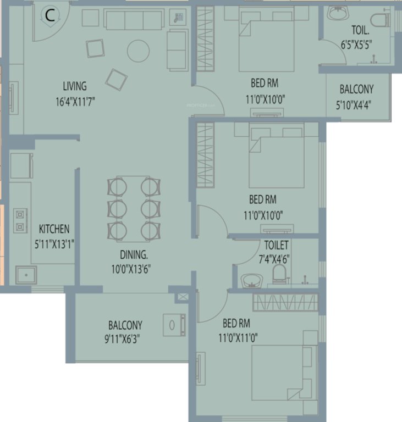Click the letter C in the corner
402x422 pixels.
click(x=49, y=16)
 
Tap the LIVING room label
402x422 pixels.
click(x=75, y=86)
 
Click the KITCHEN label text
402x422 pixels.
click(x=54, y=229)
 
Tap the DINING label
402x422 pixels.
click(x=134, y=254)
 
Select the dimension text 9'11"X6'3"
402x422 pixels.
click(x=125, y=339)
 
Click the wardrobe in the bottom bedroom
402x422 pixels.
click(x=285, y=302)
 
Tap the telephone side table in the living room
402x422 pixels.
click(x=178, y=16)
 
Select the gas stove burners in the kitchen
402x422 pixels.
click(x=20, y=218)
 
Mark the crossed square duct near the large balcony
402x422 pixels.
click(x=183, y=297)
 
